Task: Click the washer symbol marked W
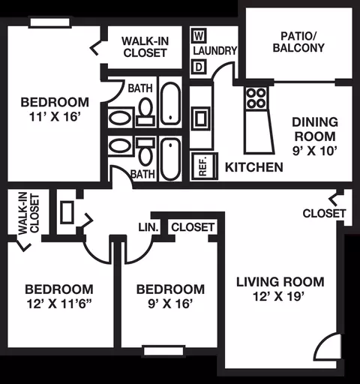199,36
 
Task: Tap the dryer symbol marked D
199,67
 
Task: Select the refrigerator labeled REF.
204,166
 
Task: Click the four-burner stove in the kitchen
256,98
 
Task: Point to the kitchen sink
201,118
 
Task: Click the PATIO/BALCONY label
298,42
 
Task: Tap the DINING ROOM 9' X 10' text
315,136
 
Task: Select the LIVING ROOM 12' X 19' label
280,289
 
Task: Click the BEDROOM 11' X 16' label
55,109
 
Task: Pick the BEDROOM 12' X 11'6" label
59,296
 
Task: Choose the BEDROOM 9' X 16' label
170,296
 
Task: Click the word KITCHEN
254,167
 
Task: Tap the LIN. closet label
148,227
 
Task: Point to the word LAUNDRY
214,51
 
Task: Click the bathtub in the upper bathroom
170,103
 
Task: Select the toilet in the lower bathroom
145,151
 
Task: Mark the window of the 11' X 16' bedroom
49,22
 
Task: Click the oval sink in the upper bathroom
121,118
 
